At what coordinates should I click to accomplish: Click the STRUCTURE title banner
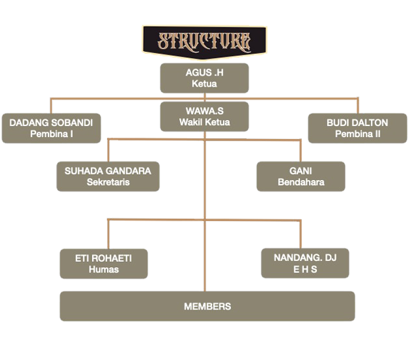pyautogui.click(x=204, y=41)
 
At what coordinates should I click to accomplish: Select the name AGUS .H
pyautogui.click(x=204, y=72)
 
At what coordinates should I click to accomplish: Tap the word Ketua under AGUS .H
pyautogui.click(x=204, y=84)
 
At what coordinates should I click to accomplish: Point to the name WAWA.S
pyautogui.click(x=204, y=110)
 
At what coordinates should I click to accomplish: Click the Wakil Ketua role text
pyautogui.click(x=204, y=122)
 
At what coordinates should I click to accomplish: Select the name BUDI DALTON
pyautogui.click(x=358, y=123)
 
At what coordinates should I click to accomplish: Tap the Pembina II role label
pyautogui.click(x=358, y=134)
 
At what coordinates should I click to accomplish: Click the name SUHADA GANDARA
pyautogui.click(x=108, y=170)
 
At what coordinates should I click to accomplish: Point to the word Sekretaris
pyautogui.click(x=108, y=182)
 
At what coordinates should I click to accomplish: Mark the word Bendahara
pyautogui.click(x=301, y=182)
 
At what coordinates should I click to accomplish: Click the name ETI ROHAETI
pyautogui.click(x=103, y=258)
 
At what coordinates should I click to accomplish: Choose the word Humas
pyautogui.click(x=103, y=269)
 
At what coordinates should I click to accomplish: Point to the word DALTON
pyautogui.click(x=372, y=123)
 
